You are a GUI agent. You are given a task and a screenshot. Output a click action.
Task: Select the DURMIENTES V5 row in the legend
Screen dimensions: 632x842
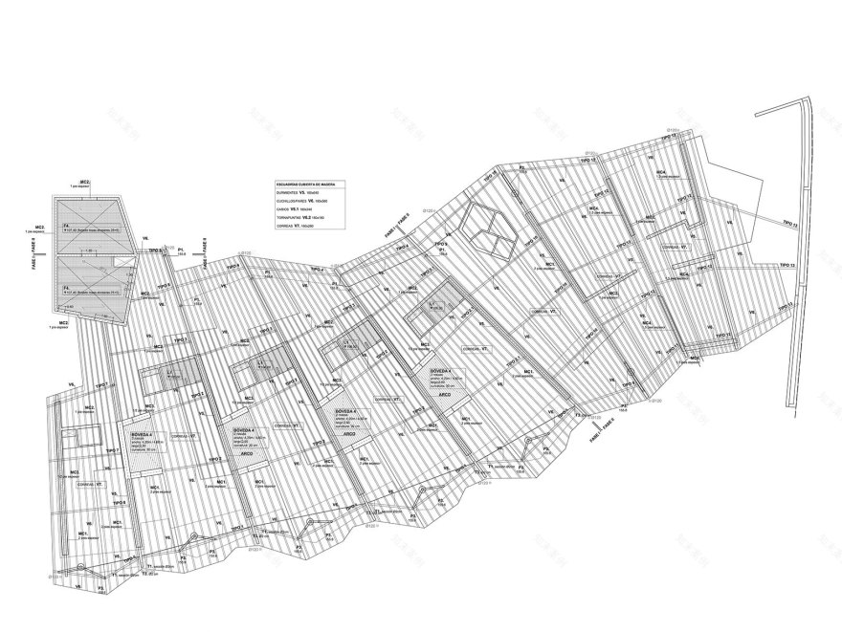(x=299, y=193)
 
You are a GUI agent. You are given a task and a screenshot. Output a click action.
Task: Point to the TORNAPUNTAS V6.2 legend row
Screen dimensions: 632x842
(x=300, y=219)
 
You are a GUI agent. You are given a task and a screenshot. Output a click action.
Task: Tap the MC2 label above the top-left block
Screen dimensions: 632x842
(x=85, y=182)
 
